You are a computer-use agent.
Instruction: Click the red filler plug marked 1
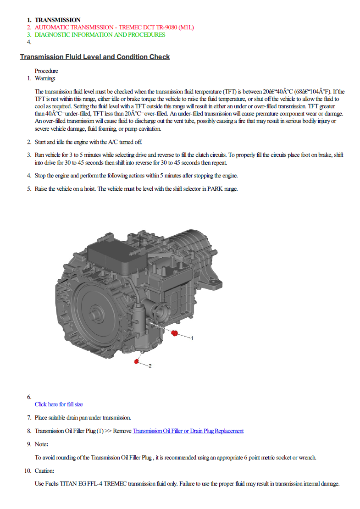(x=175, y=333)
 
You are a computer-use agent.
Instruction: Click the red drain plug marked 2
(x=137, y=361)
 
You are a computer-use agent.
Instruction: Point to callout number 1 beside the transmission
(x=192, y=338)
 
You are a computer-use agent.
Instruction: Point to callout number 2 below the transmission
(x=150, y=366)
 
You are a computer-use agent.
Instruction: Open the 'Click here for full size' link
(x=59, y=404)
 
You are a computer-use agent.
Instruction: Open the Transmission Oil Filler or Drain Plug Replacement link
(x=188, y=431)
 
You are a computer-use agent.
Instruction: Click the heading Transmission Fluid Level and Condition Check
(x=95, y=57)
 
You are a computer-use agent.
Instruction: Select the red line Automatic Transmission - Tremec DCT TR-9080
(x=114, y=27)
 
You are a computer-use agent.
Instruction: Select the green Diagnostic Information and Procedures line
(x=100, y=35)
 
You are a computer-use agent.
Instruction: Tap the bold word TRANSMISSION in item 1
(x=57, y=20)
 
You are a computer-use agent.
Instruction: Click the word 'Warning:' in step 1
(x=45, y=78)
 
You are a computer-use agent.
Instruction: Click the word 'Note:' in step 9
(x=42, y=444)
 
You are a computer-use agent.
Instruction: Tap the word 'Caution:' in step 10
(x=44, y=470)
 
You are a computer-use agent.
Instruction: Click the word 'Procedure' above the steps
(x=46, y=71)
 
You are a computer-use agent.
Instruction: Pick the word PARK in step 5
(x=215, y=188)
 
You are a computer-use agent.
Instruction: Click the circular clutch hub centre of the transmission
(x=96, y=314)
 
